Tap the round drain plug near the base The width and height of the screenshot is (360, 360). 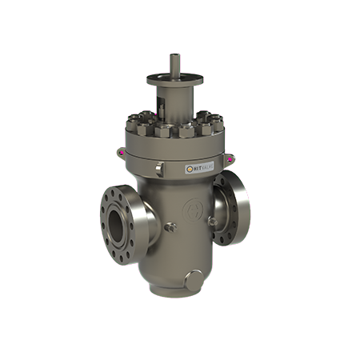pos(194,280)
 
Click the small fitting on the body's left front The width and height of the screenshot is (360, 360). pos(170,228)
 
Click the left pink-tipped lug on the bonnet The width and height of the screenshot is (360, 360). pos(120,149)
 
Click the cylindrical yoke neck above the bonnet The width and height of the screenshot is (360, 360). pos(175,99)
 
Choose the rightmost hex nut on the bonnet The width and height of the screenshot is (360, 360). pos(217,122)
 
